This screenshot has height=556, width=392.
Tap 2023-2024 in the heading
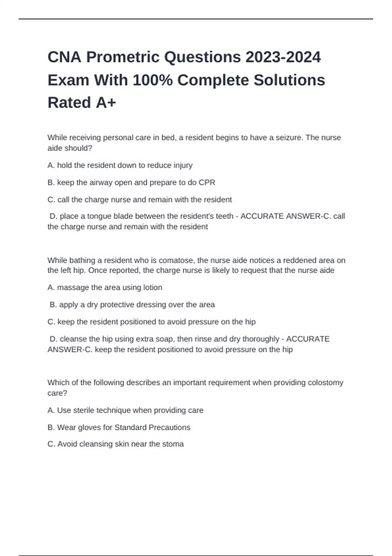(x=283, y=57)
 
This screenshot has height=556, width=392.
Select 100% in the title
(x=153, y=80)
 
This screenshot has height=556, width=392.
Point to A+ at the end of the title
(x=106, y=103)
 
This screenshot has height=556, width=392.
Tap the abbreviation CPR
(x=207, y=182)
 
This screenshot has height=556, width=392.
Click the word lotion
(x=153, y=287)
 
